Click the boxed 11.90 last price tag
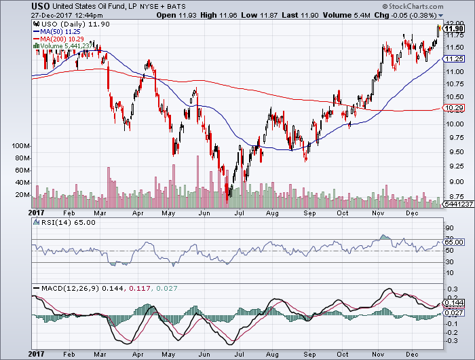coord(453,30)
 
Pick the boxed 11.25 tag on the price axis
coord(453,60)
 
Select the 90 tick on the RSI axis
coord(449,228)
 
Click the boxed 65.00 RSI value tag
coord(453,241)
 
